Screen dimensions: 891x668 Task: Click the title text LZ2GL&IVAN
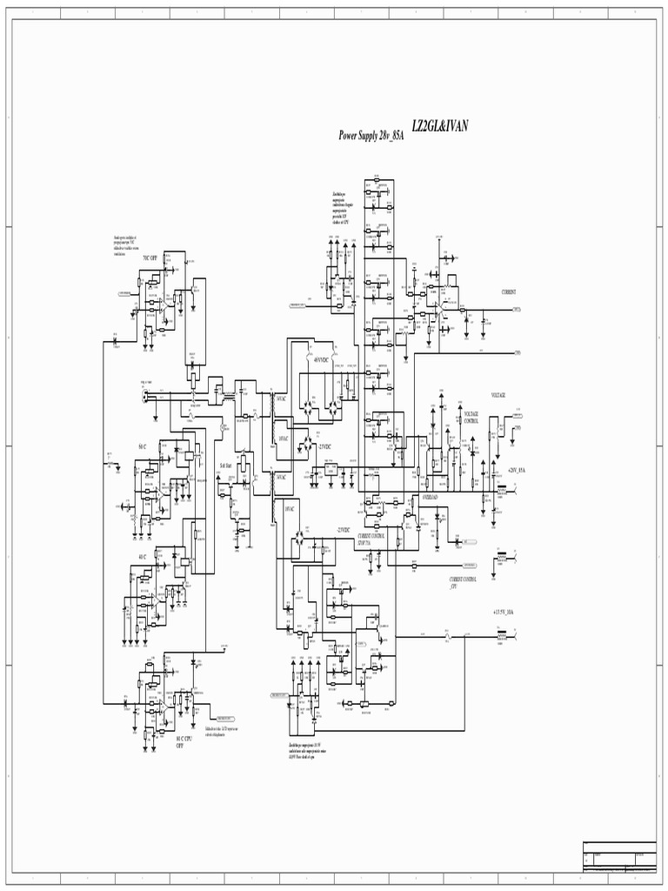(439, 127)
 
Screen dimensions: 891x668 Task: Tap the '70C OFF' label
(150, 258)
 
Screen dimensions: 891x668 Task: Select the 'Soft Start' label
(227, 467)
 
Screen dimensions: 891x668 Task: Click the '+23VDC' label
(324, 446)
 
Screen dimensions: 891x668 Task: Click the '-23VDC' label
(344, 530)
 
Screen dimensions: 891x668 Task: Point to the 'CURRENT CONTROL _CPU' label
(463, 582)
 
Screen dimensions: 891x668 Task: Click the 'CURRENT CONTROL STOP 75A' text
(371, 539)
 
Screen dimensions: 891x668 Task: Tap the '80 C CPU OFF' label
(181, 741)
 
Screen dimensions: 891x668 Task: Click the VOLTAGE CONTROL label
(471, 417)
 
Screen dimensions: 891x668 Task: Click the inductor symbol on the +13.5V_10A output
(501, 637)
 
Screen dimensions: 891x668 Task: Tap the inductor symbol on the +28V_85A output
(502, 492)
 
